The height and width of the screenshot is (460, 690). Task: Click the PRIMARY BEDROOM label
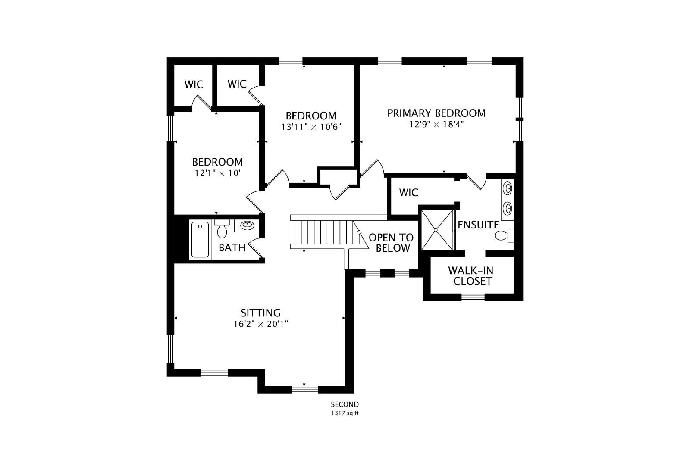click(x=436, y=113)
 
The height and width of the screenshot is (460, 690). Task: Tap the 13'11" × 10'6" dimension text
click(x=311, y=127)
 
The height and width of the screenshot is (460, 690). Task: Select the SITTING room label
click(x=260, y=313)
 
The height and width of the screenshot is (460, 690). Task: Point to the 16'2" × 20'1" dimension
click(x=260, y=324)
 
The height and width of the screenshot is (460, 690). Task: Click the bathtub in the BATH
click(x=200, y=239)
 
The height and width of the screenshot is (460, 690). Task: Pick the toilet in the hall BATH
click(x=222, y=230)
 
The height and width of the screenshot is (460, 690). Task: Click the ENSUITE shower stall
click(x=436, y=230)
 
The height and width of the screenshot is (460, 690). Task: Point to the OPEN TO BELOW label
click(x=391, y=243)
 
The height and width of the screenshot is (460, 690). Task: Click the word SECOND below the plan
click(x=345, y=404)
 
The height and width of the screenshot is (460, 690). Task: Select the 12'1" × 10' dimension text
click(x=217, y=173)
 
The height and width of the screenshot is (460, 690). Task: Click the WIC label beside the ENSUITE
click(x=408, y=192)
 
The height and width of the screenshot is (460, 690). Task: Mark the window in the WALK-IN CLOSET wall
click(x=473, y=297)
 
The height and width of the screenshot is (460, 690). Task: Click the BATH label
click(x=232, y=247)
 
